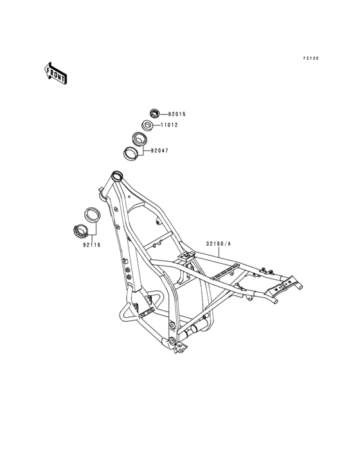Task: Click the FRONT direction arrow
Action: point(56,73)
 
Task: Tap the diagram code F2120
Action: point(310,59)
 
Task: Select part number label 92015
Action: point(177,114)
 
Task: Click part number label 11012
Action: point(169,125)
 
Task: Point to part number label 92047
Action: point(159,151)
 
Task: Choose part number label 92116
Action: point(92,245)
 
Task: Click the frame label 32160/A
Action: point(219,244)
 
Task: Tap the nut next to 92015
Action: point(154,114)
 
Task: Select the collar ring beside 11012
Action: point(147,125)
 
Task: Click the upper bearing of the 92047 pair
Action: point(139,140)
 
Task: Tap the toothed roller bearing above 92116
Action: point(80,232)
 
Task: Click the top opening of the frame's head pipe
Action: point(117,174)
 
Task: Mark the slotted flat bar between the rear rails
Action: point(226,272)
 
